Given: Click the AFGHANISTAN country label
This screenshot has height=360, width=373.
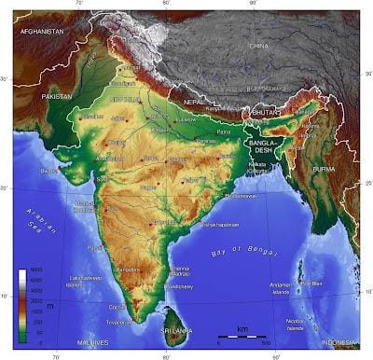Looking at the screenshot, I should (x=43, y=31).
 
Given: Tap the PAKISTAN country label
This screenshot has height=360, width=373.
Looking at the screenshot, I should (x=57, y=96).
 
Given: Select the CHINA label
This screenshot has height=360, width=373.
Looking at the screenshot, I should (x=258, y=45).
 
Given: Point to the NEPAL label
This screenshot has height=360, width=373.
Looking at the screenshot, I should (x=193, y=100).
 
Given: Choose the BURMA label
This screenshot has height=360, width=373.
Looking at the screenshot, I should (x=324, y=169).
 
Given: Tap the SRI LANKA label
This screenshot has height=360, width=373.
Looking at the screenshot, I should (x=175, y=331).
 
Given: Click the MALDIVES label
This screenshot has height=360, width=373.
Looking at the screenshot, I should (x=94, y=342).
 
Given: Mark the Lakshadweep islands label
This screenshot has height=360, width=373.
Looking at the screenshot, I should (x=85, y=282).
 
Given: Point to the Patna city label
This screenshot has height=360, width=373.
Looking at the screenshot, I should (x=224, y=133).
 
